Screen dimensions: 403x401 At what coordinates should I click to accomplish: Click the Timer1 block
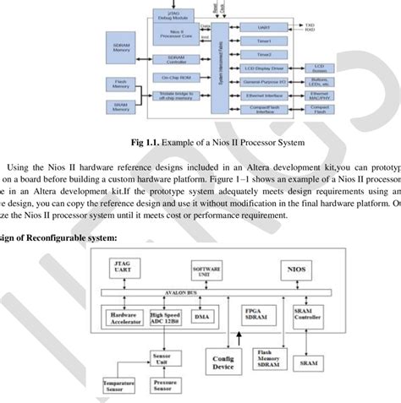pyautogui.click(x=263, y=38)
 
